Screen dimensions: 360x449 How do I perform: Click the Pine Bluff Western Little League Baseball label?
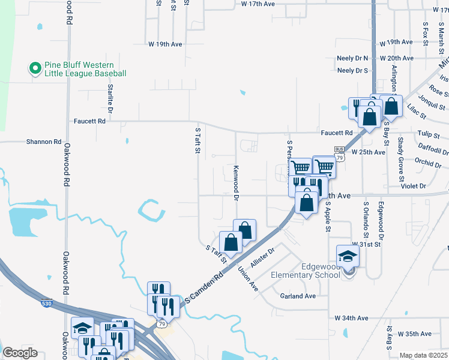[85, 69]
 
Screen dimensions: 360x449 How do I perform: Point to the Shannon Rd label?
[44, 142]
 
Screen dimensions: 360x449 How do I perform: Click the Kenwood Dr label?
[237, 183]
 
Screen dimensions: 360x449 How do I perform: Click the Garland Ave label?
[298, 296]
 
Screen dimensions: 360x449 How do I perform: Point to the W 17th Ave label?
[258, 4]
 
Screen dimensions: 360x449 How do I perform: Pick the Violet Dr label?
[414, 186]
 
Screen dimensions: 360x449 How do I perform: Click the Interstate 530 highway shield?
[46, 304]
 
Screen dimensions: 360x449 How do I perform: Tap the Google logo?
[20, 353]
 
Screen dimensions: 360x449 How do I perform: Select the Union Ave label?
[249, 280]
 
